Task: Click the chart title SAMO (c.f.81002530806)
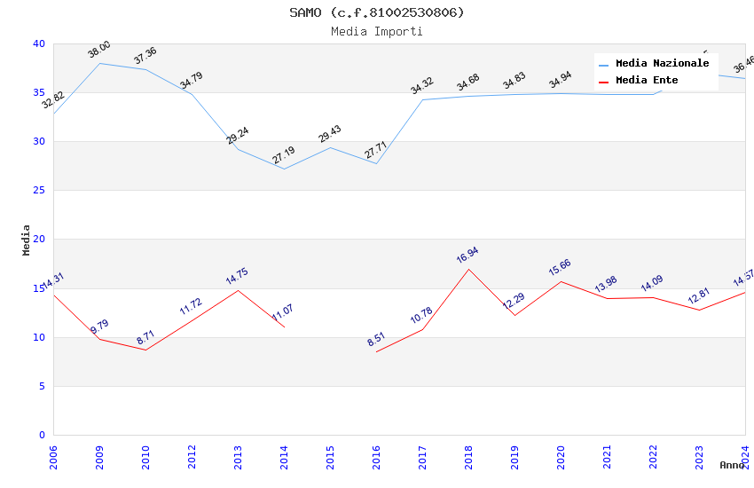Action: pyautogui.click(x=376, y=12)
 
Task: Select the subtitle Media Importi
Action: pyautogui.click(x=376, y=31)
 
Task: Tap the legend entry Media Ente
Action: pyautogui.click(x=647, y=81)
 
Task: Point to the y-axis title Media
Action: pyautogui.click(x=26, y=240)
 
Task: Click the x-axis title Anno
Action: pyautogui.click(x=732, y=465)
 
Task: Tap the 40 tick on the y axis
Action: pyautogui.click(x=39, y=43)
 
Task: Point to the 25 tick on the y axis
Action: pyautogui.click(x=39, y=191)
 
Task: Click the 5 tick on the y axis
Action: pyautogui.click(x=42, y=386)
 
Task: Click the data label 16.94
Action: pyautogui.click(x=467, y=256)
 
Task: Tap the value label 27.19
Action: pyautogui.click(x=283, y=156)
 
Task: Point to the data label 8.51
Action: pyautogui.click(x=376, y=339)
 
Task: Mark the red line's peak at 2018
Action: pyautogui.click(x=468, y=269)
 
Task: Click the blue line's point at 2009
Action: pyautogui.click(x=99, y=63)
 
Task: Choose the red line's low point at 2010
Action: pyautogui.click(x=145, y=350)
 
